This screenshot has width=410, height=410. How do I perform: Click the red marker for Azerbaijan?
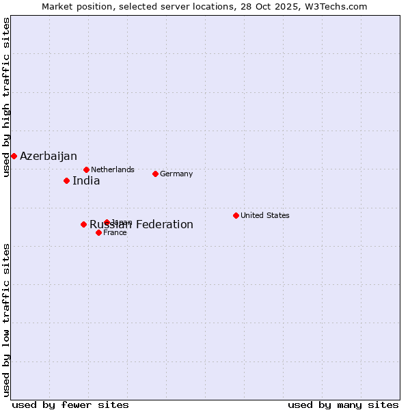click(x=14, y=156)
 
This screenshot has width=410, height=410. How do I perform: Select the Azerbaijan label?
click(x=49, y=156)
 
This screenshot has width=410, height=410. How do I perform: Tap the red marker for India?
click(x=66, y=180)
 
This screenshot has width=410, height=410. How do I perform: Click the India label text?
click(x=86, y=181)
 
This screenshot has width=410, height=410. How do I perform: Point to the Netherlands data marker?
click(x=86, y=169)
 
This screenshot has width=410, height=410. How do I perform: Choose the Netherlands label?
click(x=113, y=169)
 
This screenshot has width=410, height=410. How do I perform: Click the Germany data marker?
click(x=155, y=174)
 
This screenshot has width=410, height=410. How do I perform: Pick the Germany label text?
click(x=176, y=174)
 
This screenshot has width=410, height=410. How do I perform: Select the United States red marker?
click(x=236, y=215)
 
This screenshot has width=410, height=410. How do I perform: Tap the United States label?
click(x=265, y=215)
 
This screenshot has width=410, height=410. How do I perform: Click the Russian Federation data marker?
click(x=83, y=224)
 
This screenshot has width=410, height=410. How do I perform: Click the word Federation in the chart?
click(x=165, y=225)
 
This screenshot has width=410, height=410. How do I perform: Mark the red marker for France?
click(x=98, y=232)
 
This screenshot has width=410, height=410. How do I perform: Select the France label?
click(x=115, y=232)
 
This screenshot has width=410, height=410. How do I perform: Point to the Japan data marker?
click(x=107, y=222)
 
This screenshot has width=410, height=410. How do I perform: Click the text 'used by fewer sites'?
click(x=70, y=405)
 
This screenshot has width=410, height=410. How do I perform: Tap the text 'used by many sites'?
click(x=343, y=405)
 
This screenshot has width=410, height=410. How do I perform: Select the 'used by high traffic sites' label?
click(x=6, y=98)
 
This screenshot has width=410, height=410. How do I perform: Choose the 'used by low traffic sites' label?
click(x=6, y=319)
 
